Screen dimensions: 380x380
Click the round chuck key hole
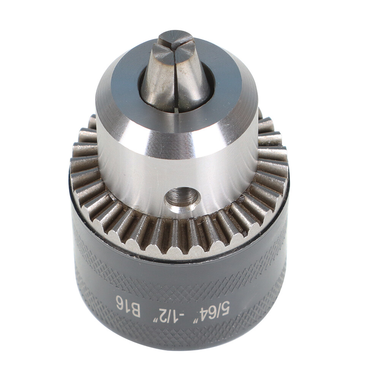(x=183, y=198)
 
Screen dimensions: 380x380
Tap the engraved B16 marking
(x=128, y=307)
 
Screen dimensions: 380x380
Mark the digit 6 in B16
(x=120, y=303)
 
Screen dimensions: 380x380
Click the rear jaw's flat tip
(x=174, y=38)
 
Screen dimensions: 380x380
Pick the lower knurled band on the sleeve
(x=179, y=334)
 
